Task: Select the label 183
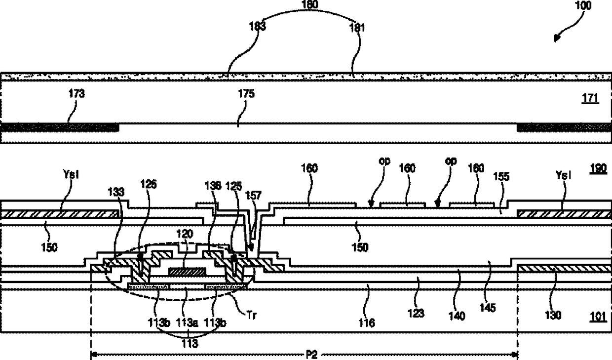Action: click(x=257, y=27)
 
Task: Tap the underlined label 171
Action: click(x=591, y=99)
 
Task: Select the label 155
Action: click(x=503, y=176)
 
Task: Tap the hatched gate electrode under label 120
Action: click(x=187, y=272)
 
